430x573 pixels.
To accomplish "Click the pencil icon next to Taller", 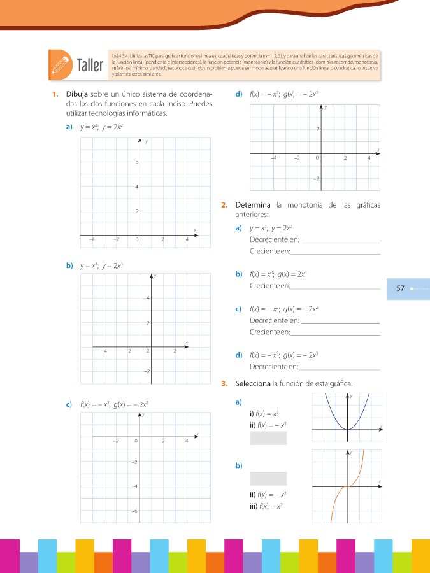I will tap(61, 64).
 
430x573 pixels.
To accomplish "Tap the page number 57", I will tap(400, 288).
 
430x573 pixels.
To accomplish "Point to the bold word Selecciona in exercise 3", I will tap(254, 383).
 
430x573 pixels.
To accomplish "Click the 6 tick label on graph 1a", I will tap(136, 162).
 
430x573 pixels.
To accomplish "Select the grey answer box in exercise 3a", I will tap(268, 438).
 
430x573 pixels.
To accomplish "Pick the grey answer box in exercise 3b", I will tap(268, 478).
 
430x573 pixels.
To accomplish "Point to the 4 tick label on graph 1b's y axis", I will tap(148, 299).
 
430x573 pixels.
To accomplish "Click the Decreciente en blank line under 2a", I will tap(340, 240).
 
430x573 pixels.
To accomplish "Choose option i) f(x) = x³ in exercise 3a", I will tap(265, 414).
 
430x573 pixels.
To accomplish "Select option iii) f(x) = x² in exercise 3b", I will tap(266, 507).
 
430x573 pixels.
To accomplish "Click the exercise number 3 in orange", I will tap(224, 383).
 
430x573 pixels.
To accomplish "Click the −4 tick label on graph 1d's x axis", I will tap(274, 158).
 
